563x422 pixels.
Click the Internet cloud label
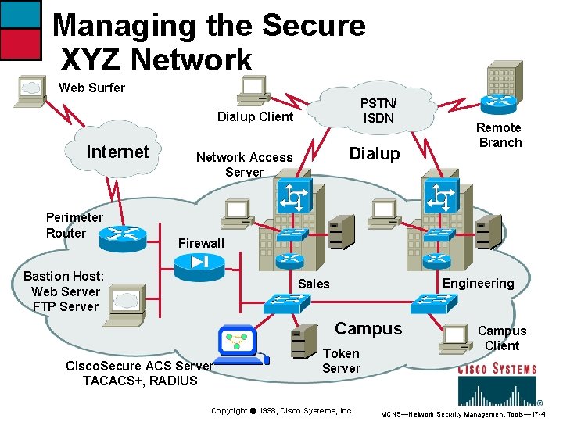(117, 152)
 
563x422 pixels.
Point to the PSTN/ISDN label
(378, 111)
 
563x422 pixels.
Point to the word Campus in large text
(368, 329)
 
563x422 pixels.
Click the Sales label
(314, 284)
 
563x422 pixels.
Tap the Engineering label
(479, 283)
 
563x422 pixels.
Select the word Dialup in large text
(374, 154)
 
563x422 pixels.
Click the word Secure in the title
(314, 26)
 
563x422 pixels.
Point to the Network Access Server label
(244, 164)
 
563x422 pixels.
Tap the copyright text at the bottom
(282, 411)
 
